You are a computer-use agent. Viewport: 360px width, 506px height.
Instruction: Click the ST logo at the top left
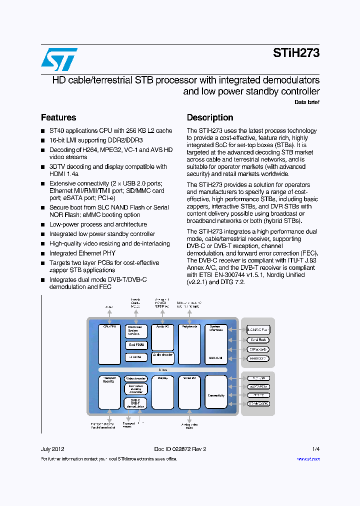click(59, 59)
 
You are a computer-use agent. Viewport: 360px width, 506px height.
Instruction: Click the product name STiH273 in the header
click(296, 53)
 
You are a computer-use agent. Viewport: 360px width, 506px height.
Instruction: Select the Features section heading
click(58, 117)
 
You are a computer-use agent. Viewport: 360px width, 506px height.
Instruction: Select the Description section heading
click(210, 117)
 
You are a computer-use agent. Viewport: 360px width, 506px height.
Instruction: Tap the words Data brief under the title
click(306, 102)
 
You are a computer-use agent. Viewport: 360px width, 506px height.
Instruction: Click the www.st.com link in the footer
click(308, 459)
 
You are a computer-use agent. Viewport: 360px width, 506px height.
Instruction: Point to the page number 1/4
click(316, 449)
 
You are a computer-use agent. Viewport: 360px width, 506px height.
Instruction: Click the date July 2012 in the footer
click(52, 449)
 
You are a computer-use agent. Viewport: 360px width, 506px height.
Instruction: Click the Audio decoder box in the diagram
click(162, 355)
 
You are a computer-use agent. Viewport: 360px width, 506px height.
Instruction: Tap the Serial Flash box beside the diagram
click(258, 339)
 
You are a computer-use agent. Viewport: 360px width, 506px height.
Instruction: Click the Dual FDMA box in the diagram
click(136, 344)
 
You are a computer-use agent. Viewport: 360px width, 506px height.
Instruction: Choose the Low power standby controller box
click(136, 389)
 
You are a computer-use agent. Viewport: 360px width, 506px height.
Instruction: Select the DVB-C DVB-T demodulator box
click(136, 403)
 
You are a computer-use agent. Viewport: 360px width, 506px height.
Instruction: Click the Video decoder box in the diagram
click(136, 378)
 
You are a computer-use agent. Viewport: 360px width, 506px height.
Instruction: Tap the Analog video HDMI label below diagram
click(189, 426)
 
